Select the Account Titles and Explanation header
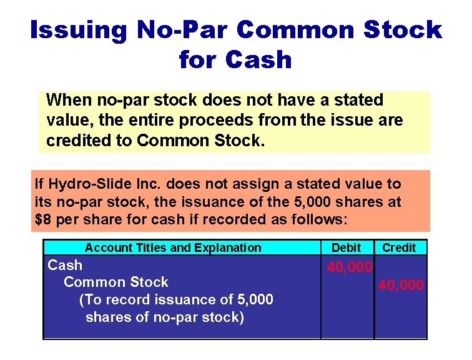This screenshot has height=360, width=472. point(173,248)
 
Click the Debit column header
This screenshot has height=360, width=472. point(347,248)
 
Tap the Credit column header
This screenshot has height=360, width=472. point(399,248)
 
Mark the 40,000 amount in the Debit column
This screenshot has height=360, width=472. point(350,267)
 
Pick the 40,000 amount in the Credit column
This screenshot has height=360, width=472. point(401,285)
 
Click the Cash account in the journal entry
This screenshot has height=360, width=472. point(65,265)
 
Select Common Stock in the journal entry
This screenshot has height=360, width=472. point(116,282)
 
